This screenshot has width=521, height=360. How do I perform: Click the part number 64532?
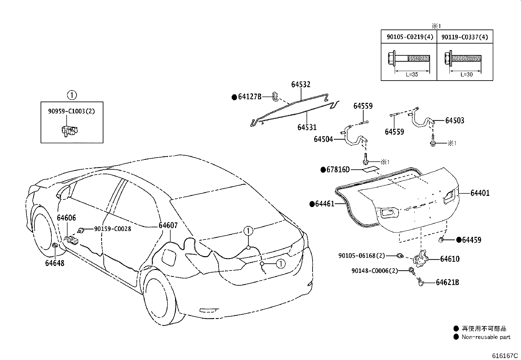pyautogui.click(x=301, y=84)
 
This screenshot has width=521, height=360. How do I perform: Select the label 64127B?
pyautogui.click(x=250, y=97)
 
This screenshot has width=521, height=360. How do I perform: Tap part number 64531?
pyautogui.click(x=307, y=127)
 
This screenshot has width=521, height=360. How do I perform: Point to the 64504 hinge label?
pyautogui.click(x=323, y=139)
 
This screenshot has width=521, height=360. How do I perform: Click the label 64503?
pyautogui.click(x=455, y=121)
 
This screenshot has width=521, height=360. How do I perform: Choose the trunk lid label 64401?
pyautogui.click(x=480, y=193)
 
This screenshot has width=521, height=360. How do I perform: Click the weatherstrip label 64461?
pyautogui.click(x=325, y=204)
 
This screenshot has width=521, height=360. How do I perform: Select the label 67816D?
pyautogui.click(x=338, y=170)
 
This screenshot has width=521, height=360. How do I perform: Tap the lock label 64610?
pyautogui.click(x=450, y=259)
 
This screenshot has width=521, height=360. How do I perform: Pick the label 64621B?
pyautogui.click(x=447, y=282)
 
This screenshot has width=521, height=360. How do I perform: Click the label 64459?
pyautogui.click(x=472, y=240)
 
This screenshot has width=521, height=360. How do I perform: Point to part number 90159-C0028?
pyautogui.click(x=113, y=229)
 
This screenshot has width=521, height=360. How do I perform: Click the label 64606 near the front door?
pyautogui.click(x=66, y=218)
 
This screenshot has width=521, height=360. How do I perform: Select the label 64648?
pyautogui.click(x=55, y=263)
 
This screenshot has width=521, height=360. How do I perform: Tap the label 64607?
pyautogui.click(x=168, y=225)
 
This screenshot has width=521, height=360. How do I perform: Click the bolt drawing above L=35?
pyautogui.click(x=409, y=58)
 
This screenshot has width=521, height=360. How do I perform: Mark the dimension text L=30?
pyautogui.click(x=467, y=74)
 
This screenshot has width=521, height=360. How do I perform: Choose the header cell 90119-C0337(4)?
pyautogui.click(x=465, y=37)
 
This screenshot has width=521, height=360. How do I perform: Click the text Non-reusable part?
pyautogui.click(x=486, y=337)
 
